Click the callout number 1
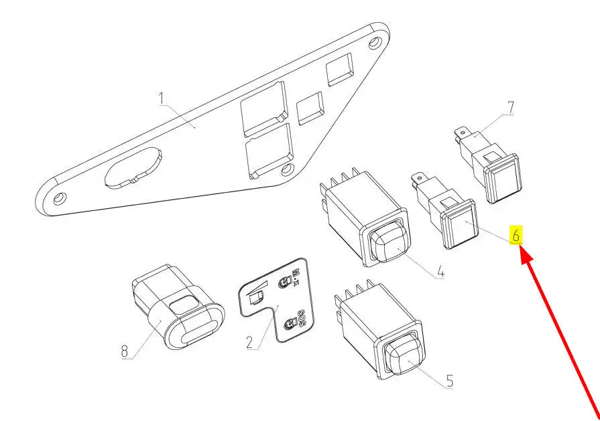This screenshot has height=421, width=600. point(162,98)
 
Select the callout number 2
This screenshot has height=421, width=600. point(249,342)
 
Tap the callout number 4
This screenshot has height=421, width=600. point(440,272)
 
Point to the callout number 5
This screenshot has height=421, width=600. point(450,381)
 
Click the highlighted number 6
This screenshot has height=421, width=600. point(516,236)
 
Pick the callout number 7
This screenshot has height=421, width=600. point(510,108)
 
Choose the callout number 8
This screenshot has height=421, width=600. point(125,351)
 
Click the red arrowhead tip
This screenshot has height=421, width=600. point(521,248)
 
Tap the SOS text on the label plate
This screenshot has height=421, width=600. point(300,318)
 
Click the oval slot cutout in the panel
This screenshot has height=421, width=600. point(133,168)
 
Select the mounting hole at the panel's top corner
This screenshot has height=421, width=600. point(375,42)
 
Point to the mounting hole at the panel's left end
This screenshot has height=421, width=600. point(60,198)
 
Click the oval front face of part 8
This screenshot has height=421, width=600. point(196,325)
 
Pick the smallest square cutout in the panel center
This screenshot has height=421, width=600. point(310,108)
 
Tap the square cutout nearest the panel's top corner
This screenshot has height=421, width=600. point(340,70)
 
